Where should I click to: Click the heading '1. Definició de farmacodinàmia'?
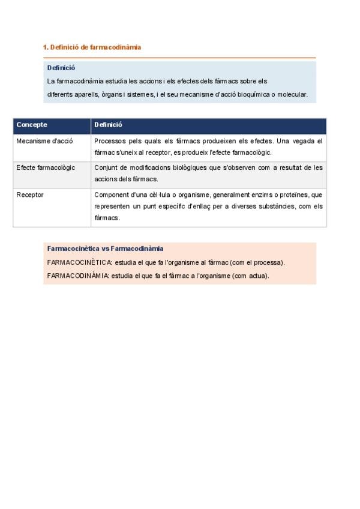[92, 47]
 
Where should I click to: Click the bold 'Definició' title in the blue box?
[61, 68]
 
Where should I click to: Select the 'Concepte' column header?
[32, 125]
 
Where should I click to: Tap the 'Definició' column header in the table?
[108, 125]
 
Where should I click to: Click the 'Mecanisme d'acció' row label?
[44, 141]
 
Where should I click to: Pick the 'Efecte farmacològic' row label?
[46, 167]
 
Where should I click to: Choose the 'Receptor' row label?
[30, 194]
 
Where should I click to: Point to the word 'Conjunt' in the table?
[106, 167]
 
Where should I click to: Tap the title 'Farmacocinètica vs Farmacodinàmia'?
[105, 248]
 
